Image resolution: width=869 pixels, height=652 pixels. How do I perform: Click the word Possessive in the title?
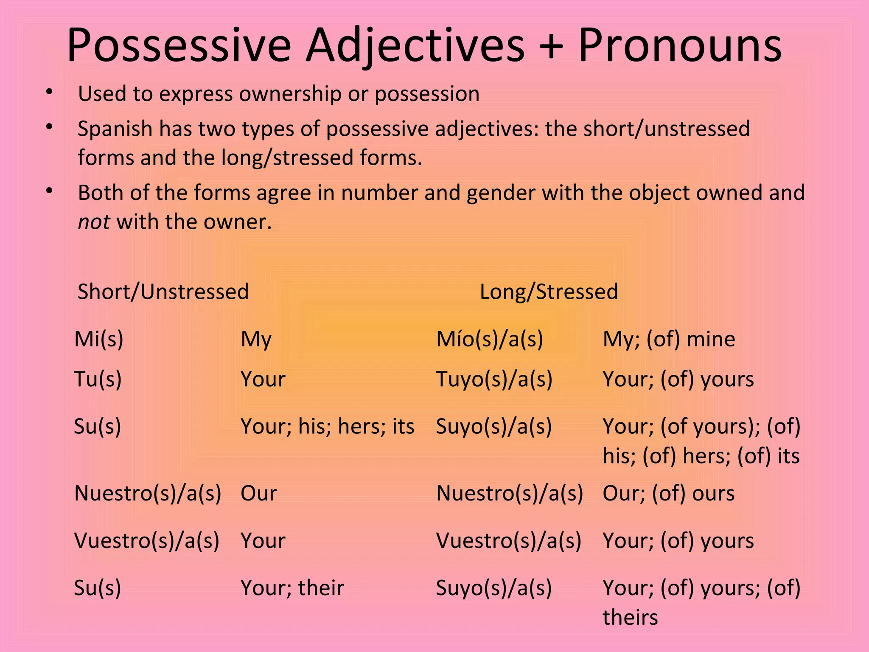point(179,45)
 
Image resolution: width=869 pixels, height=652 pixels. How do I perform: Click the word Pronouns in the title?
point(679,45)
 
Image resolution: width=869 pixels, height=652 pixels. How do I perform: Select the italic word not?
point(94,222)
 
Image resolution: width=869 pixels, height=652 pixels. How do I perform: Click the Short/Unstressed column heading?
point(163,292)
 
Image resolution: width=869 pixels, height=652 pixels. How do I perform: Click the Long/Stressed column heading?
point(549,292)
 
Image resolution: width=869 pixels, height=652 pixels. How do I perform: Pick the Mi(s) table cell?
point(99,339)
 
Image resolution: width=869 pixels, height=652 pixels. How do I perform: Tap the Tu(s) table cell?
point(98,379)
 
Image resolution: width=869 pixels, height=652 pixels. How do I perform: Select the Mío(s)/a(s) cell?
point(490,339)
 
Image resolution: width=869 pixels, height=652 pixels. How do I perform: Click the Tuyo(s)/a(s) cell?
point(494,379)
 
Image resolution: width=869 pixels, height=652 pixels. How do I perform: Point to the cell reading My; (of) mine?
point(669,339)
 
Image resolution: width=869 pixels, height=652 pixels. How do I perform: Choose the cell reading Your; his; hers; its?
point(327,426)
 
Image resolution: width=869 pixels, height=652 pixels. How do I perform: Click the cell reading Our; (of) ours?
point(668,493)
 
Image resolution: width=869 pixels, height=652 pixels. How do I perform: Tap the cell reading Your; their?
point(292,588)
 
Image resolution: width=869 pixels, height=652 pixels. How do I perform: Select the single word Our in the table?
point(258,493)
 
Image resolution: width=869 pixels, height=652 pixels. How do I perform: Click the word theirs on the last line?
point(630,617)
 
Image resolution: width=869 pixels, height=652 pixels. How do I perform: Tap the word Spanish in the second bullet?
point(115,129)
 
